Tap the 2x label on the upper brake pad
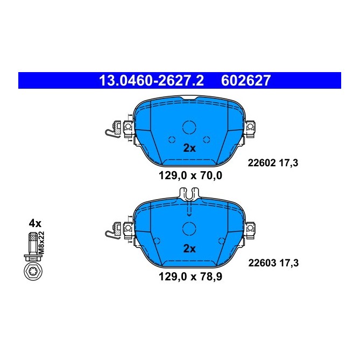(x=189, y=148)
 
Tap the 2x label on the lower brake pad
(x=189, y=248)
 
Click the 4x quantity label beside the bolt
(x=35, y=223)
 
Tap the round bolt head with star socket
(x=33, y=272)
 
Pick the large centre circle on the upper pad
(x=189, y=128)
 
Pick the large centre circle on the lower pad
(x=189, y=228)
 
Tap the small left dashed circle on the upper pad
(x=172, y=139)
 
